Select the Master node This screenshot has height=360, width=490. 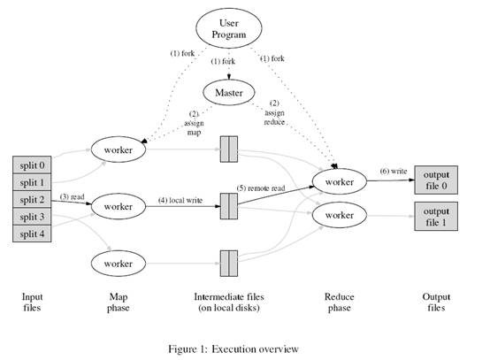pyautogui.click(x=229, y=91)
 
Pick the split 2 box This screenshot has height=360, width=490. pyautogui.click(x=33, y=200)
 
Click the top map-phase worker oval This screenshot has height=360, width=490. pyautogui.click(x=118, y=150)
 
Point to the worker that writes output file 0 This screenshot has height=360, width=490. pyautogui.click(x=340, y=181)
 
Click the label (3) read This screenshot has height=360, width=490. pyautogui.click(x=73, y=195)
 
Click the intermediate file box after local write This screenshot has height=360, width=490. pyautogui.click(x=229, y=206)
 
